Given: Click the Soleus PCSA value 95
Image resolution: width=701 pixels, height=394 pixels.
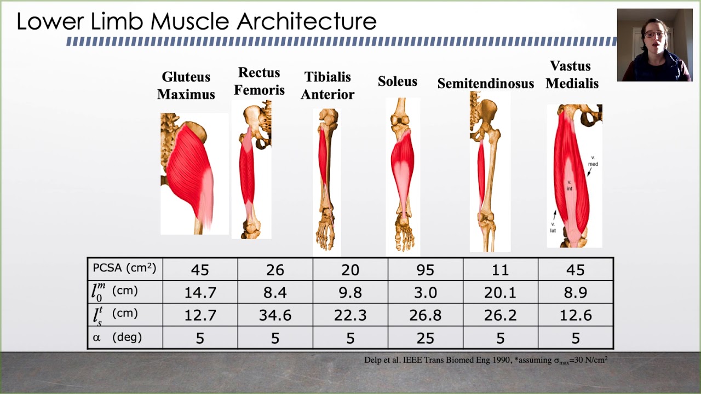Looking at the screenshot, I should (425, 270).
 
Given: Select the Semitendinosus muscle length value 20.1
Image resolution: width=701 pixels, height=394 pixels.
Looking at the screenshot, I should (500, 292).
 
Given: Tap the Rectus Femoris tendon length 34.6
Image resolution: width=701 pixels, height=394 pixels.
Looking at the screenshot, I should (275, 315).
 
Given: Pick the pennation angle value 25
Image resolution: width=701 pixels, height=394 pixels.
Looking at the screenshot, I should (425, 338).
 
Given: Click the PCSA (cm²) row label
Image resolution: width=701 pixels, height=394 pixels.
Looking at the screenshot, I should (124, 268).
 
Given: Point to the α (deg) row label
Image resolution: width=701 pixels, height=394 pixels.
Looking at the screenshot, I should (117, 338).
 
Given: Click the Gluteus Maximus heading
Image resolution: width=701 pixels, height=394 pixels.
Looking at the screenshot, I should (186, 85).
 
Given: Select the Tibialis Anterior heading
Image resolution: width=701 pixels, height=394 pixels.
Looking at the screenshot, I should (327, 85).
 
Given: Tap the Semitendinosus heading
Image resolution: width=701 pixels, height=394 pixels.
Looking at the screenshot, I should (485, 83).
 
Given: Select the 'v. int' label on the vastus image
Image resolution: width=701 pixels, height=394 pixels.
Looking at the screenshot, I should (569, 185).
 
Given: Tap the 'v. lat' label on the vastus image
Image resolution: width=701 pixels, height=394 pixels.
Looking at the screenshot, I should (553, 227).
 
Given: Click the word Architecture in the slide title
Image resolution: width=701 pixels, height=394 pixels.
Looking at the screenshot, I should (307, 22).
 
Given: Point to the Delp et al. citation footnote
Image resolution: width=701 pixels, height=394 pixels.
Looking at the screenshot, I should (486, 360).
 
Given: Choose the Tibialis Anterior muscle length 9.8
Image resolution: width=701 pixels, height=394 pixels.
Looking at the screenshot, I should (350, 292).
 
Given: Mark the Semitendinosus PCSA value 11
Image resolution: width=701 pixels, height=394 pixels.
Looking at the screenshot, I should (500, 270).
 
